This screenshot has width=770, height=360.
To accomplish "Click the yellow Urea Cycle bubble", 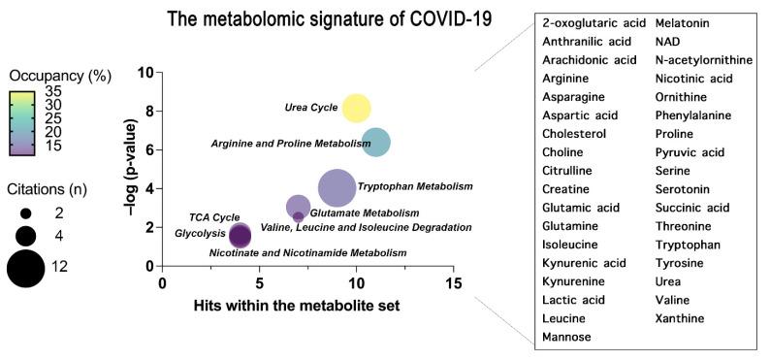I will tap(356, 109).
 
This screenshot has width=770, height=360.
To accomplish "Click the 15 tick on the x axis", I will tap(453, 282).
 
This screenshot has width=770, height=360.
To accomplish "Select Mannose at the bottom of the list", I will tap(566, 337).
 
